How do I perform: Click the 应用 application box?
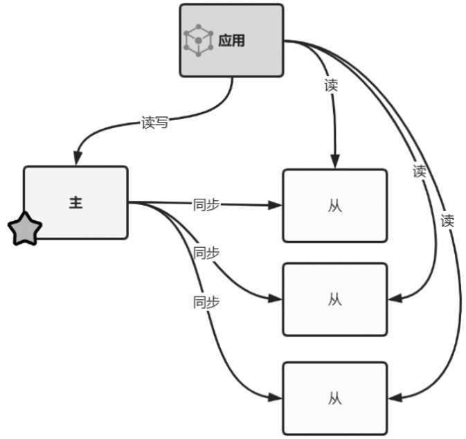231,40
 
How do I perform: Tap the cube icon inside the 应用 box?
198,41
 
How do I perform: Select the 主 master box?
75,202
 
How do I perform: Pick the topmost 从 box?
334,206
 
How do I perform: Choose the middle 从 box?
334,299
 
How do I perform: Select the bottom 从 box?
334,399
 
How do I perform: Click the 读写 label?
154,124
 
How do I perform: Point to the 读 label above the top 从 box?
331,86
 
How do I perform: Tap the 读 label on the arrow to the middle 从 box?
419,171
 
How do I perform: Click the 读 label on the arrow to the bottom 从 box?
447,222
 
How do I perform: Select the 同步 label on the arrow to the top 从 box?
206,205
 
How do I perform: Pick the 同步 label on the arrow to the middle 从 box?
206,253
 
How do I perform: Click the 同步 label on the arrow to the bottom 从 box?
206,302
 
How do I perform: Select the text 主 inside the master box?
75,203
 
